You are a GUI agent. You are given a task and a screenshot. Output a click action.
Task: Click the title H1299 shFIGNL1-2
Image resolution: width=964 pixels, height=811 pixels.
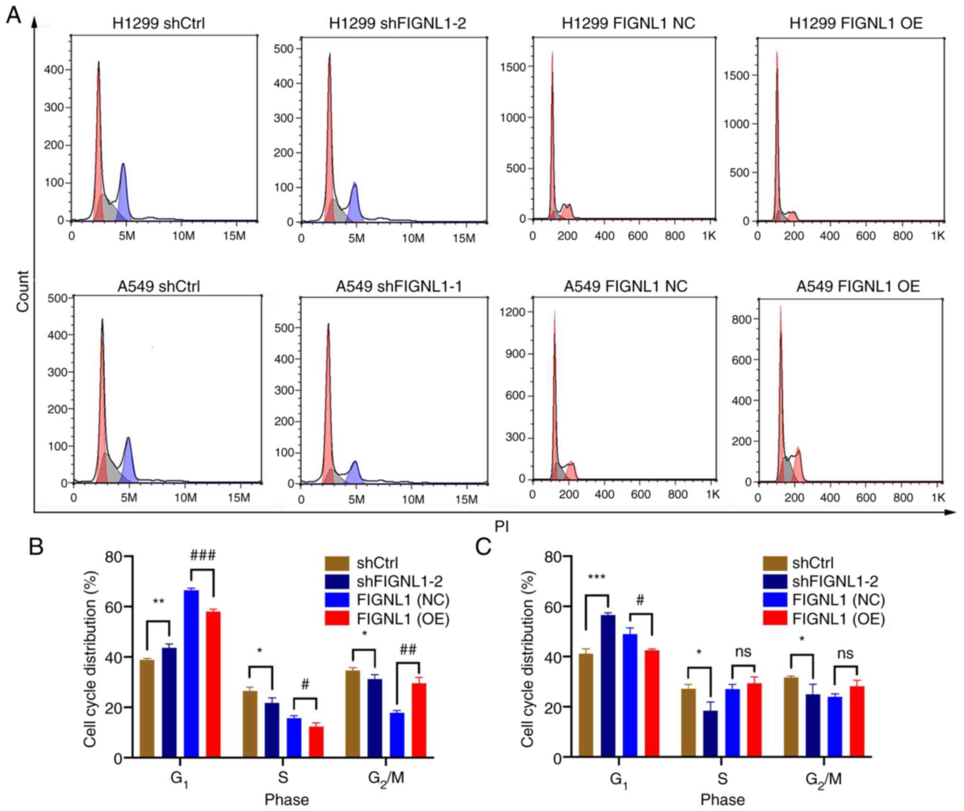tap(397, 23)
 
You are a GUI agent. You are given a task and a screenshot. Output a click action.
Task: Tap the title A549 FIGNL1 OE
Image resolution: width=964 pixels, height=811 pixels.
tap(858, 286)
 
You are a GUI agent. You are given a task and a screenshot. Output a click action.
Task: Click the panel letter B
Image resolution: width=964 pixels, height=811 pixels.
tap(37, 547)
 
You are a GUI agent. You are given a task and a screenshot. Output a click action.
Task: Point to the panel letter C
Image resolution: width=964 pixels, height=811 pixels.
tap(483, 547)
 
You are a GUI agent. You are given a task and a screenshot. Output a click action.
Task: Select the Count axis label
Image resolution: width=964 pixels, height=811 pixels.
tap(23, 291)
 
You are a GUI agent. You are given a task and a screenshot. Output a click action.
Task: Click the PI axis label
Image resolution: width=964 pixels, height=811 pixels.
tap(501, 526)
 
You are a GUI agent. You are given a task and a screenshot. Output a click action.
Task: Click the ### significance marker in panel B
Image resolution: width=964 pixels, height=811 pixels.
tap(203, 555)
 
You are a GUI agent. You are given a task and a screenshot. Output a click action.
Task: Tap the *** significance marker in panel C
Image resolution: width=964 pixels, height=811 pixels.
tap(597, 578)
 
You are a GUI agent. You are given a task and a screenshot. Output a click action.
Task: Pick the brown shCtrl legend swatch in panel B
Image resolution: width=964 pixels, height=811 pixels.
tap(337, 563)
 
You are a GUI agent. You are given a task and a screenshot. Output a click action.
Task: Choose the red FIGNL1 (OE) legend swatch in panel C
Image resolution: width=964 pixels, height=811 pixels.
tap(775, 619)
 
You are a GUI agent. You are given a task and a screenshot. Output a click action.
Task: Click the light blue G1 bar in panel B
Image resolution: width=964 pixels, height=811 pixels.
tap(192, 674)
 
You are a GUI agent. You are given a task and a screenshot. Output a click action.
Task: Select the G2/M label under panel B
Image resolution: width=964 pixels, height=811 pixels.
tap(386, 779)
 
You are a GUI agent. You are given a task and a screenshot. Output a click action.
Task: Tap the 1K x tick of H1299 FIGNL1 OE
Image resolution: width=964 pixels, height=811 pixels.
tap(937, 236)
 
